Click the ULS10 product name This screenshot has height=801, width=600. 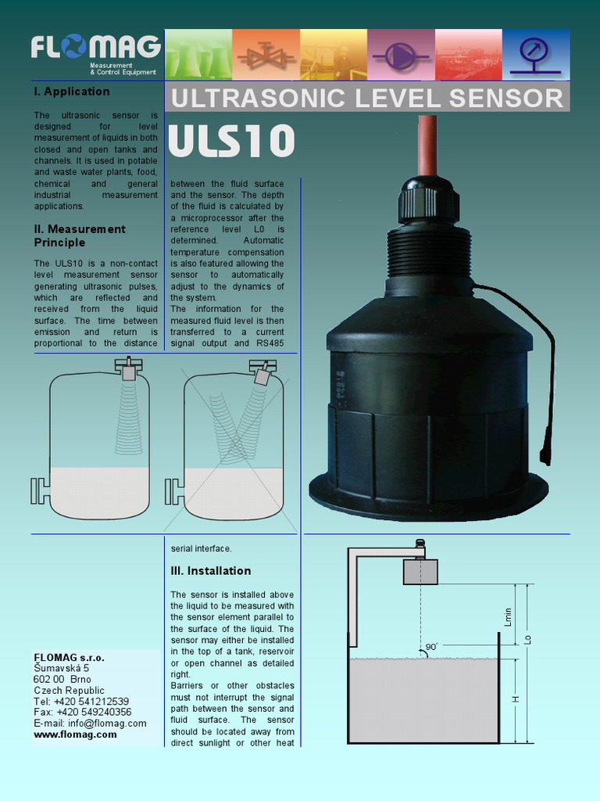tap(230, 142)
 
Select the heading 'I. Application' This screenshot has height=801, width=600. tap(72, 92)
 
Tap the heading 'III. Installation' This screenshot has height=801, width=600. tap(211, 571)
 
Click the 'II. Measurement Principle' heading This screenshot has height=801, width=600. tap(80, 235)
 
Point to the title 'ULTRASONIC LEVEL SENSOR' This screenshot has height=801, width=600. tap(366, 99)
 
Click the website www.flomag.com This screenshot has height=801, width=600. tap(75, 735)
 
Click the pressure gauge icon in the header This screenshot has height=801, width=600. tap(535, 55)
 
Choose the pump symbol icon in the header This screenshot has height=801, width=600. tap(401, 56)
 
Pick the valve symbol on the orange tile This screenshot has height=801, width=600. tap(266, 56)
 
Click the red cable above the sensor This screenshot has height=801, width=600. tap(427, 145)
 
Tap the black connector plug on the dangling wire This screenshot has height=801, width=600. tap(545, 454)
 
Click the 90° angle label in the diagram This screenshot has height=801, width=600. tap(431, 647)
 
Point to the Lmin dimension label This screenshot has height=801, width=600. tap(509, 616)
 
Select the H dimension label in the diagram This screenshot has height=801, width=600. tap(516, 699)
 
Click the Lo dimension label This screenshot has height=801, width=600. tap(528, 638)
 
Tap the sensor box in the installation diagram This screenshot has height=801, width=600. tap(420, 572)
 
